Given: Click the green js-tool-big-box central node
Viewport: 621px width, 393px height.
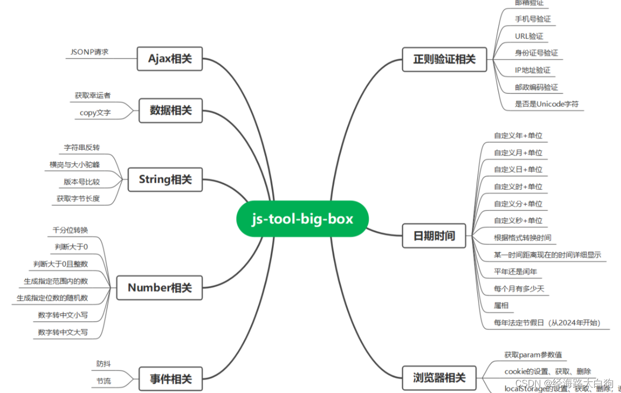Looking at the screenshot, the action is pyautogui.click(x=303, y=219).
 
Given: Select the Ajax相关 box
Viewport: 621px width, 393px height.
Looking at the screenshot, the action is pyautogui.click(x=170, y=59).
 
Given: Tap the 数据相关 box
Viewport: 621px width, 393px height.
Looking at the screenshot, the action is pyautogui.click(x=171, y=110).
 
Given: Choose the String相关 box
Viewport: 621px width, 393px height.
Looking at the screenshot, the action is pyautogui.click(x=165, y=180).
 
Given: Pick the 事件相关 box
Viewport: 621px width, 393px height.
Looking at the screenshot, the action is pyautogui.click(x=171, y=379).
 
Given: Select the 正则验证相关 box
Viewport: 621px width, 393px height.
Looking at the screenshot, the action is pyautogui.click(x=444, y=59).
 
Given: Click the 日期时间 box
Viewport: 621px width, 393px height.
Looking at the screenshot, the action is pyautogui.click(x=434, y=236).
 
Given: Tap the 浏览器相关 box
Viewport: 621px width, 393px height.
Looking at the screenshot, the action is pyautogui.click(x=439, y=378).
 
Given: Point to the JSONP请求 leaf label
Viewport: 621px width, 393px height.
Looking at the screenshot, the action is pyautogui.click(x=89, y=52).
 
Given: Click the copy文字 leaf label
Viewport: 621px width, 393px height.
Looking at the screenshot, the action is pyautogui.click(x=95, y=113).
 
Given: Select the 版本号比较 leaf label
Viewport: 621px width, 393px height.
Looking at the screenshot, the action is pyautogui.click(x=82, y=182).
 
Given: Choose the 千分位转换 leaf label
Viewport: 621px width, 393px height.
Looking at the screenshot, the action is pyautogui.click(x=70, y=230).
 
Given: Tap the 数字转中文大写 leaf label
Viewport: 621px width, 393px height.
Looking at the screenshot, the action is pyautogui.click(x=63, y=332).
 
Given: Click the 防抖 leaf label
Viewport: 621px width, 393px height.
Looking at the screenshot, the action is pyautogui.click(x=103, y=364).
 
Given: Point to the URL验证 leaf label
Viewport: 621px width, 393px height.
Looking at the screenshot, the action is pyautogui.click(x=529, y=36).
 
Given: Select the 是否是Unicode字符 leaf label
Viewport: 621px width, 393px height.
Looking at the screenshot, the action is pyautogui.click(x=547, y=104).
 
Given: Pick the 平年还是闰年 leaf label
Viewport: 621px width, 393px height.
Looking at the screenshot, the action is pyautogui.click(x=515, y=271).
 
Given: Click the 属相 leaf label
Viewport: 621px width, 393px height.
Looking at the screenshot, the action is pyautogui.click(x=501, y=306).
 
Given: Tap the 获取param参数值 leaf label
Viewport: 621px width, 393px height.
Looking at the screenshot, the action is pyautogui.click(x=533, y=355).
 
